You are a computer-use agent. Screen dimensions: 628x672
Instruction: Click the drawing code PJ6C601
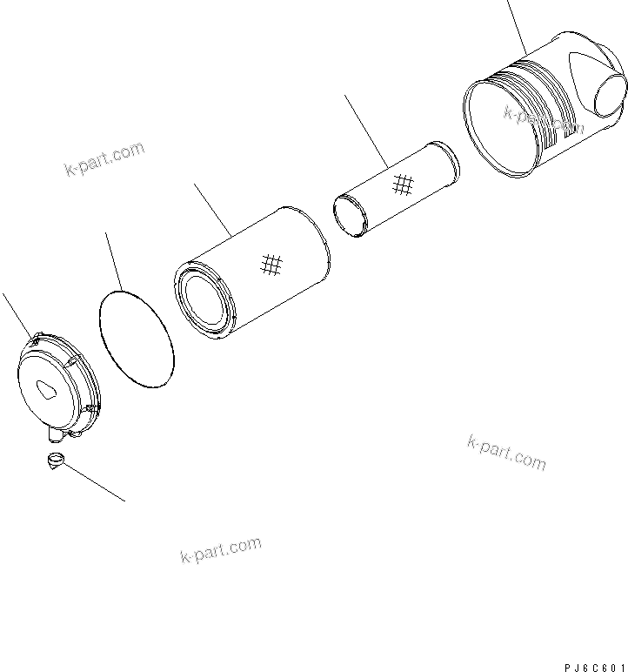coord(594,666)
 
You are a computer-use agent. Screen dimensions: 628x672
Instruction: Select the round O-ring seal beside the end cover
coord(136,339)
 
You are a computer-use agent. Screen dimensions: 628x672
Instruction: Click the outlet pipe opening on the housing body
coord(611,97)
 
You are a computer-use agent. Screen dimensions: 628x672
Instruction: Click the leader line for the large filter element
coord(211,210)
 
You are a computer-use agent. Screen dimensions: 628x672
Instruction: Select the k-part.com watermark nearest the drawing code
coord(506,452)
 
